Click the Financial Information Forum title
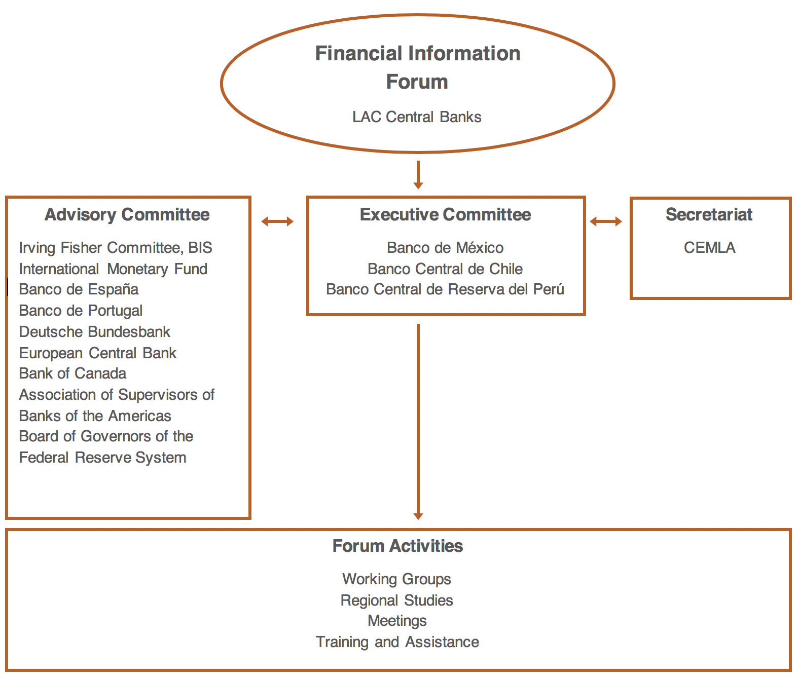tap(418, 67)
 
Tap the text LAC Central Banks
tap(417, 117)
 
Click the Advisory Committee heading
tap(127, 215)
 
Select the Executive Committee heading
tap(445, 215)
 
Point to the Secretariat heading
tap(709, 214)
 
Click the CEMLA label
tap(709, 247)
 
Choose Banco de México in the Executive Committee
tap(445, 247)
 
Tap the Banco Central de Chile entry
tap(445, 269)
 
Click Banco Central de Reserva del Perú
tap(445, 289)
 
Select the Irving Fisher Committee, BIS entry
tap(116, 248)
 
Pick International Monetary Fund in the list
tap(114, 269)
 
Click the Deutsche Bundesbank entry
tap(95, 332)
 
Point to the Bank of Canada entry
tap(73, 373)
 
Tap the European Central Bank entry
tap(98, 353)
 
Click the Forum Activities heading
tap(397, 546)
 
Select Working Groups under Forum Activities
tap(397, 579)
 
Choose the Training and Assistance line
tap(397, 642)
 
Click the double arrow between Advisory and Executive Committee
tap(277, 221)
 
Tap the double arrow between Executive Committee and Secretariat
tap(606, 221)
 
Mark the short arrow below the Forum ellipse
tap(418, 175)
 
